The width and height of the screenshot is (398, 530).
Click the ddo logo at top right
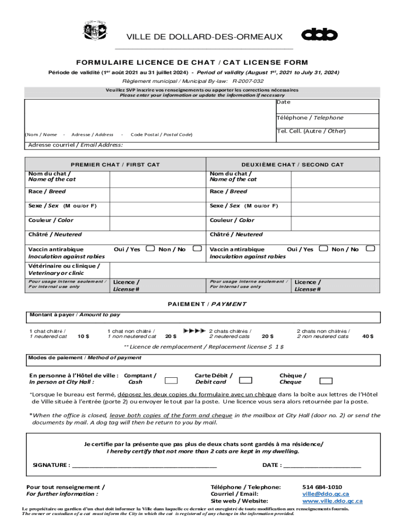pyautogui.click(x=319, y=35)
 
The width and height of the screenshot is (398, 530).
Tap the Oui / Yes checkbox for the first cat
pyautogui.click(x=150, y=248)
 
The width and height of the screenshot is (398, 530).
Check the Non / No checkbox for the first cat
pyautogui.click(x=196, y=248)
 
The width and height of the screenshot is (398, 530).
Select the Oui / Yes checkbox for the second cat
pyautogui.click(x=324, y=248)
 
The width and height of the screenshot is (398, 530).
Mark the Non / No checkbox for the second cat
pyautogui.click(x=370, y=248)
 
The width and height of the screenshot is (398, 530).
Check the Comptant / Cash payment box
pyautogui.click(x=171, y=380)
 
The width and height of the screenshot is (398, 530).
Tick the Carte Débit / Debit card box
pyautogui.click(x=246, y=380)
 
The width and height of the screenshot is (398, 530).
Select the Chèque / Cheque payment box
pyautogui.click(x=326, y=380)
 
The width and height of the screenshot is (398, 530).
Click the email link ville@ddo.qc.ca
pyautogui.click(x=319, y=494)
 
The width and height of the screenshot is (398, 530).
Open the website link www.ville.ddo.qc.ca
pyautogui.click(x=332, y=501)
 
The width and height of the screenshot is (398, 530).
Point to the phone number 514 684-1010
pyautogui.click(x=322, y=487)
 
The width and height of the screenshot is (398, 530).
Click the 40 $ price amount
pyautogui.click(x=368, y=336)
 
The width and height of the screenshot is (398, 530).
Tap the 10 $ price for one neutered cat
pyautogui.click(x=83, y=336)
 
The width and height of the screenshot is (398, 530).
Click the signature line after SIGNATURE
pyautogui.click(x=145, y=465)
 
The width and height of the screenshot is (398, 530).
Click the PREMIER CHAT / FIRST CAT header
pyautogui.click(x=115, y=165)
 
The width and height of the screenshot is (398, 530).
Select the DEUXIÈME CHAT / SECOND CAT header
pyautogui.click(x=292, y=165)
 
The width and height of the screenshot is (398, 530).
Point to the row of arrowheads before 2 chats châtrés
pyautogui.click(x=194, y=330)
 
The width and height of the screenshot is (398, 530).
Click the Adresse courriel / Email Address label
pyautogui.click(x=75, y=145)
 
